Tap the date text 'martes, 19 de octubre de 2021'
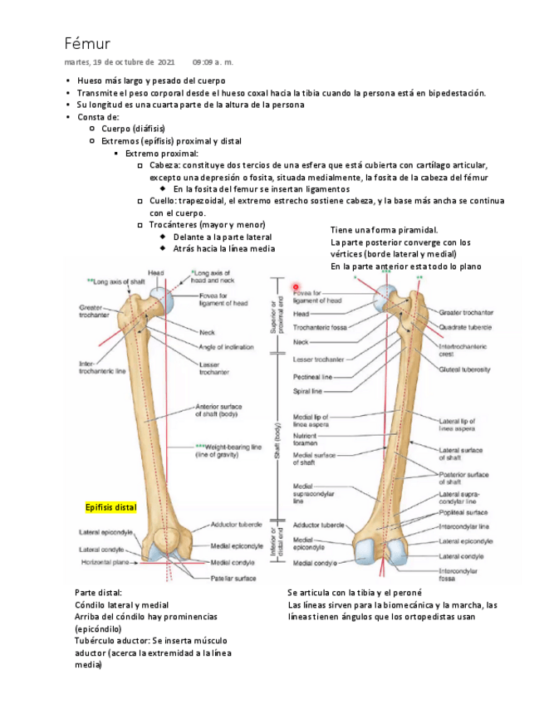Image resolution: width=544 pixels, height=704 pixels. (x=120, y=62)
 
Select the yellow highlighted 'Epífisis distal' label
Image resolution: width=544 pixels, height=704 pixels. (x=110, y=506)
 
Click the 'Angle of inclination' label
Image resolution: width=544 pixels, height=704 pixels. (x=227, y=347)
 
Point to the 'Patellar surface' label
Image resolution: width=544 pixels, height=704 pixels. (x=233, y=578)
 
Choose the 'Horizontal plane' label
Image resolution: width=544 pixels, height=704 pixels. (x=104, y=562)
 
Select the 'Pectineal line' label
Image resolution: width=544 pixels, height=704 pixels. (x=313, y=377)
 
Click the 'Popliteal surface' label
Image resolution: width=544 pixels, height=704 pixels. (x=465, y=513)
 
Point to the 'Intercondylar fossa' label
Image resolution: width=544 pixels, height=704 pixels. (x=458, y=574)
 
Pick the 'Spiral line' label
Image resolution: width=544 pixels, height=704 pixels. (x=307, y=391)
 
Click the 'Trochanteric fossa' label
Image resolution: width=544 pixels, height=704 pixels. (x=318, y=328)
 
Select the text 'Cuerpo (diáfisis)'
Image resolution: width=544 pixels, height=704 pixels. (x=133, y=129)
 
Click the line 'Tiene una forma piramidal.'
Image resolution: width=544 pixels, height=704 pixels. (x=384, y=230)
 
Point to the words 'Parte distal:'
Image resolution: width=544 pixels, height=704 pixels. (x=97, y=593)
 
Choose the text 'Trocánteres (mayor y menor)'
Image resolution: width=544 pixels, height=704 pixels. (x=207, y=225)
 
